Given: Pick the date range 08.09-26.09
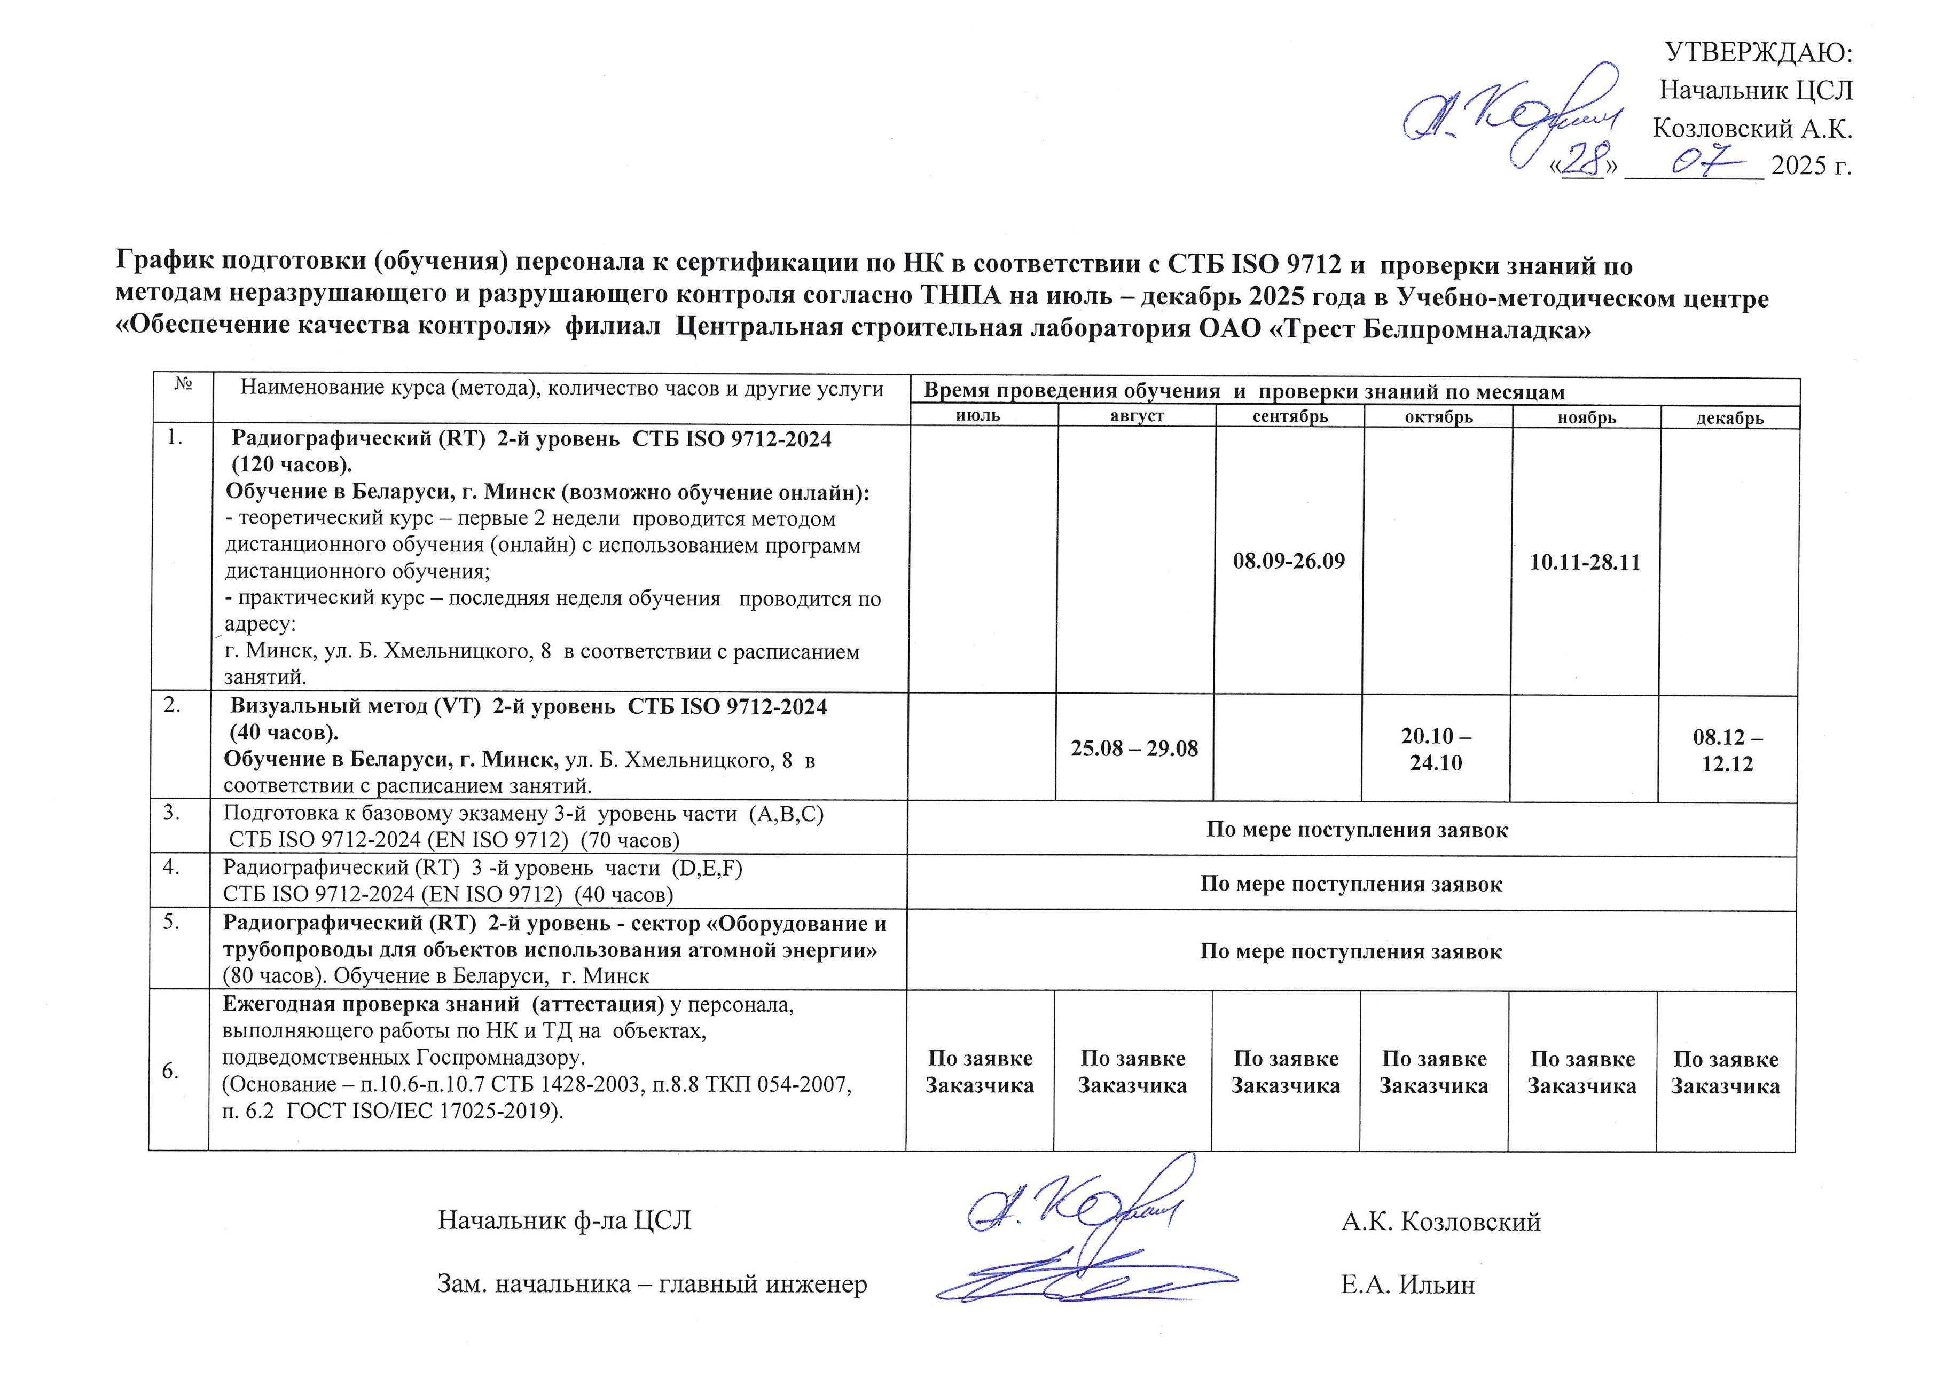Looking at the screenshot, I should [x=1289, y=561].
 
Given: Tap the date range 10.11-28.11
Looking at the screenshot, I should [x=1585, y=562].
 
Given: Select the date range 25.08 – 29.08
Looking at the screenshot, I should [x=1134, y=748].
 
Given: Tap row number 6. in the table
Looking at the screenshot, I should [x=171, y=1070].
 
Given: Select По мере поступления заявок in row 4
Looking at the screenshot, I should [x=1351, y=884].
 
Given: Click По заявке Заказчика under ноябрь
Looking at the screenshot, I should [x=1581, y=1071].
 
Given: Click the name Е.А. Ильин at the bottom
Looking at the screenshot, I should [x=1407, y=1284].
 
